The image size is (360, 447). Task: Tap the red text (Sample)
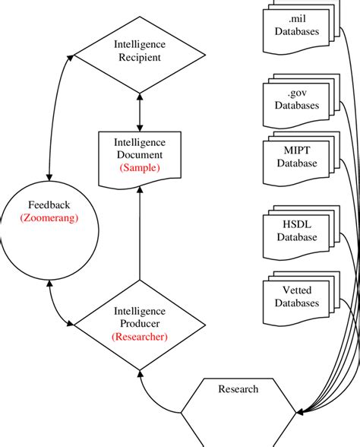click(138, 168)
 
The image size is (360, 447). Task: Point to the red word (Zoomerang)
click(47, 218)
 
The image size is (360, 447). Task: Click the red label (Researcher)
click(138, 335)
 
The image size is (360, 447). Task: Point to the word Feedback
click(48, 205)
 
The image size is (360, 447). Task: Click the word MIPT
click(297, 150)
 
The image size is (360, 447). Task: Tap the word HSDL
click(297, 223)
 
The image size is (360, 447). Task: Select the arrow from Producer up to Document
click(139, 243)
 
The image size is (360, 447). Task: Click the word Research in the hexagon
click(238, 389)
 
